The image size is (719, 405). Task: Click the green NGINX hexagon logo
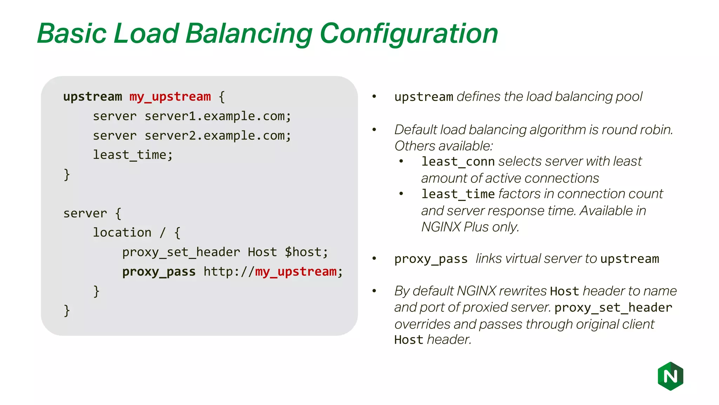(670, 376)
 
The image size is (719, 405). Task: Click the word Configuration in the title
(409, 34)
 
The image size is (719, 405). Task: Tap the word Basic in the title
(72, 34)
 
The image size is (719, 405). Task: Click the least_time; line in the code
(133, 155)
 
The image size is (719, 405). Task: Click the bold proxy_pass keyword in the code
(159, 272)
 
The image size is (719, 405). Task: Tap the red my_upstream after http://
(296, 272)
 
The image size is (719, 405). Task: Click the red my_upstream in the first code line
(170, 97)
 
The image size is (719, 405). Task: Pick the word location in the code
(122, 232)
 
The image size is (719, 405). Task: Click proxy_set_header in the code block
(181, 252)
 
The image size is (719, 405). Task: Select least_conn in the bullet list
(458, 162)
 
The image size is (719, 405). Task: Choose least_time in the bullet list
(458, 194)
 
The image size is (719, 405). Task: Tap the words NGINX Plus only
(469, 227)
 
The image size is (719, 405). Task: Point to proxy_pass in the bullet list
(431, 259)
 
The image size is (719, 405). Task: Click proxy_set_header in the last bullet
(613, 308)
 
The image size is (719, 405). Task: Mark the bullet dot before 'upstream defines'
(374, 96)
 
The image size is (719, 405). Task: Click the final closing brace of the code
(67, 311)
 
